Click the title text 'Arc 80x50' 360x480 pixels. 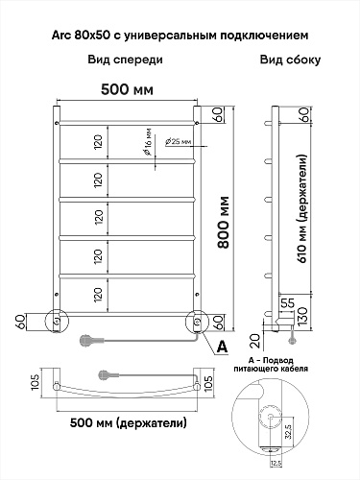(x=81, y=35)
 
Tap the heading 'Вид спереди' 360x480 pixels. (x=126, y=60)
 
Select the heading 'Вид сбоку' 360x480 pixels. (x=290, y=60)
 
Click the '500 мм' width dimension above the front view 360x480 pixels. (x=127, y=89)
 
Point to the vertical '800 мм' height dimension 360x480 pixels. (x=224, y=223)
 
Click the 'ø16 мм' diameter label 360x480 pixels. (x=148, y=142)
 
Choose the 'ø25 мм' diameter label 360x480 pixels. (x=178, y=141)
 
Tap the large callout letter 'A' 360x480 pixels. (x=222, y=347)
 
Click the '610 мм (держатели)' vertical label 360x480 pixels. (x=303, y=208)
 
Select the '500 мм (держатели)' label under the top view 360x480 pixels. (x=129, y=423)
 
